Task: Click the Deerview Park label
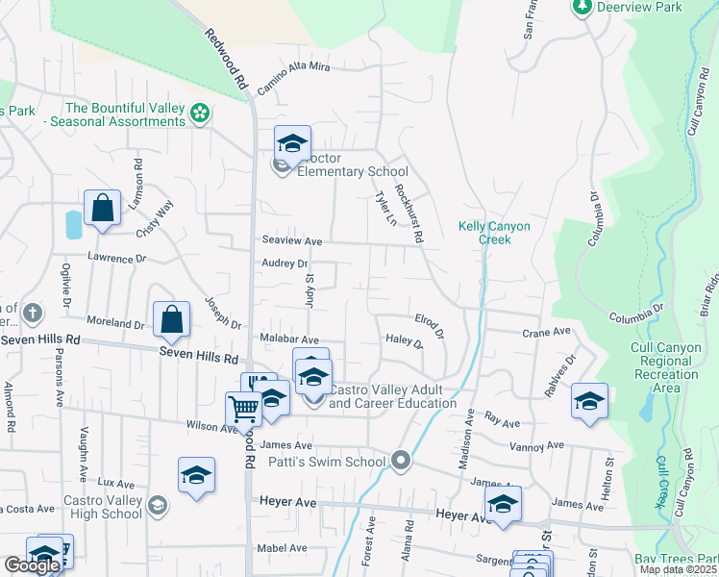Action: [639, 7]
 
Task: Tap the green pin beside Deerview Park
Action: [582, 7]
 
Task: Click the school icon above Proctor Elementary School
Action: [292, 145]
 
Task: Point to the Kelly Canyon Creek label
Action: [493, 233]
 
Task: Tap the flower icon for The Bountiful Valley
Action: [200, 114]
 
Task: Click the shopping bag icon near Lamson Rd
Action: [102, 209]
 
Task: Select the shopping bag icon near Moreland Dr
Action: [170, 321]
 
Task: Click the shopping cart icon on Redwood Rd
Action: [244, 409]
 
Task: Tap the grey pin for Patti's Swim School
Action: [403, 463]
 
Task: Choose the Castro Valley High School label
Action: [103, 507]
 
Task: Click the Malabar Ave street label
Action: [289, 339]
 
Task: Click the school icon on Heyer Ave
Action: [503, 504]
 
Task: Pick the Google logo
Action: [31, 565]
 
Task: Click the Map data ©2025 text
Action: [678, 569]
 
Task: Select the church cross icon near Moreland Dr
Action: [32, 314]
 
